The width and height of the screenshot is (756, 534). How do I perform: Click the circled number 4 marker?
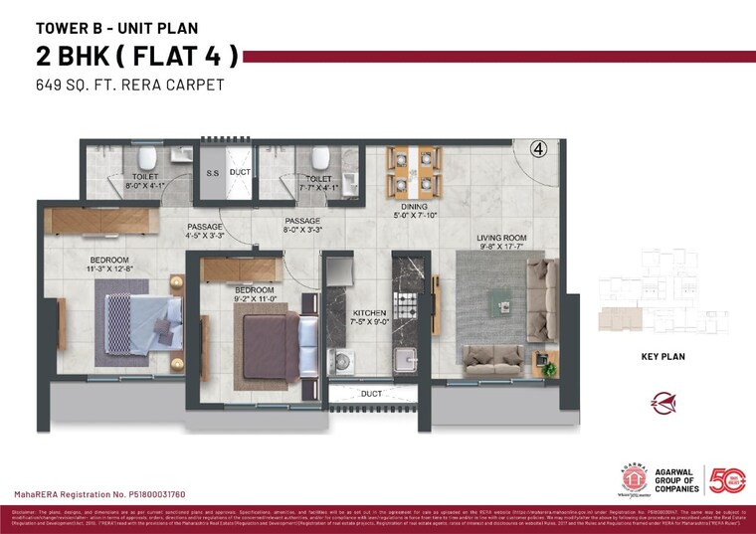coord(538,150)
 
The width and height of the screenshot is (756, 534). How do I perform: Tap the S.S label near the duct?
coord(212,172)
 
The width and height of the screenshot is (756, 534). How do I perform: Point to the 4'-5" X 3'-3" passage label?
coord(203,232)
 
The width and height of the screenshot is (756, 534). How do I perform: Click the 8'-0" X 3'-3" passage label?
coord(302,226)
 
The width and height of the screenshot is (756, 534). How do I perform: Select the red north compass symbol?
coord(663,404)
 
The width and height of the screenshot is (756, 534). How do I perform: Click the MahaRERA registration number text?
coord(98,494)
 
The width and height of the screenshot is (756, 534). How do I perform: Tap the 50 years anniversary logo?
coord(726,479)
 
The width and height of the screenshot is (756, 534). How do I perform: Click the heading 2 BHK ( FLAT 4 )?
coord(136,56)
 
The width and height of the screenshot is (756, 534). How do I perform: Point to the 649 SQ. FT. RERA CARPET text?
coord(129,86)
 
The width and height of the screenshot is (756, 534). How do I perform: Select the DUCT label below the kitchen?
coord(372,394)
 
